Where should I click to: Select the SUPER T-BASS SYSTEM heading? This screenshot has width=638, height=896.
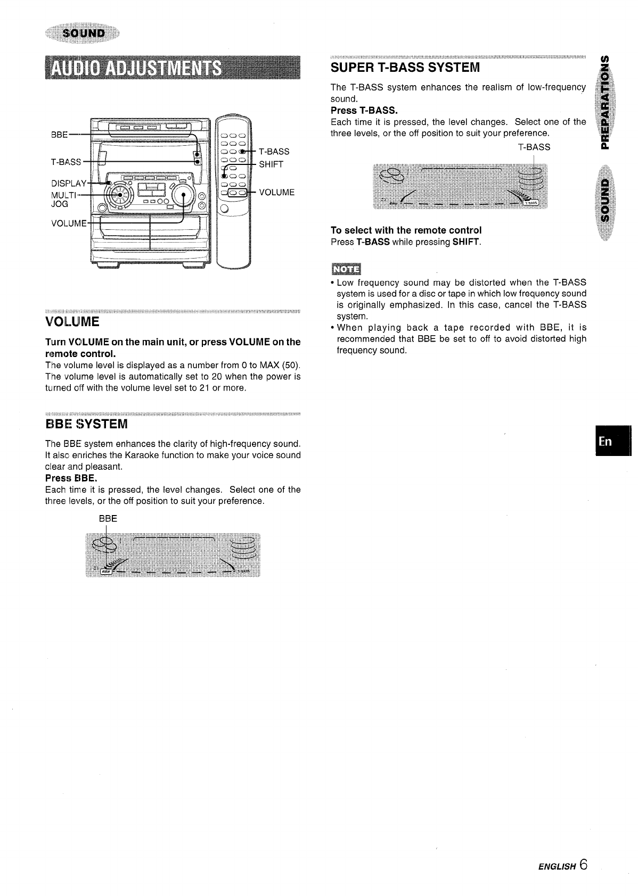(405, 68)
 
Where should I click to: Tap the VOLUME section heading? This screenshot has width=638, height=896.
(72, 322)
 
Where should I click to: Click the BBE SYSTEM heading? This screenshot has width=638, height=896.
(86, 424)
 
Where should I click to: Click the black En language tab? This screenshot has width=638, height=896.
(606, 442)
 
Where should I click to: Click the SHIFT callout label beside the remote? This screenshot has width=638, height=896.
(271, 164)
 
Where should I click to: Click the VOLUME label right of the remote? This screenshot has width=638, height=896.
(276, 192)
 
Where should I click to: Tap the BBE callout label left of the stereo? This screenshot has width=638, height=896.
(59, 135)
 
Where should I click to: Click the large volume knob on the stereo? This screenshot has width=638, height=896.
(182, 196)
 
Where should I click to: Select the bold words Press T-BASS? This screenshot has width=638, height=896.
(364, 111)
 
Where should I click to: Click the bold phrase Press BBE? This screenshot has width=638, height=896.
(71, 478)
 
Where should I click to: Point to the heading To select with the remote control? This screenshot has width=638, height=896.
(406, 230)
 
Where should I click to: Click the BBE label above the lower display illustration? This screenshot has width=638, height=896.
(108, 519)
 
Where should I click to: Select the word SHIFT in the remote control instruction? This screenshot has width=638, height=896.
(466, 242)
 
